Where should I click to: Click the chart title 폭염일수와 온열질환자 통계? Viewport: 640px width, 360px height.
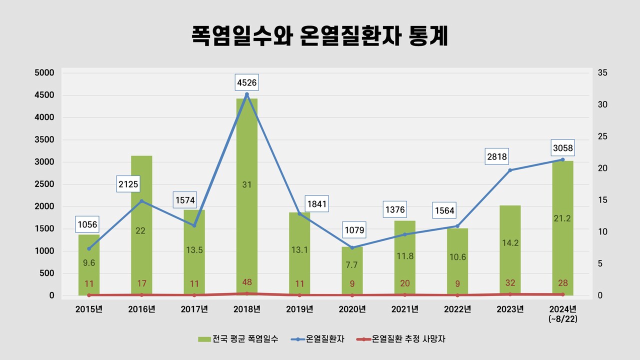(x=319, y=37)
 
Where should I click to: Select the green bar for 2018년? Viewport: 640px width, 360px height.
(x=247, y=150)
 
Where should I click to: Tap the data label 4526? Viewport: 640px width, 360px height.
(x=247, y=82)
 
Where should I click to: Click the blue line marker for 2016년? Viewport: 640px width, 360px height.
(x=141, y=201)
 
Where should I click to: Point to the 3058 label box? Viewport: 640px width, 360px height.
(x=563, y=148)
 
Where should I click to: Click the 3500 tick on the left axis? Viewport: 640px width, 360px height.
(x=44, y=139)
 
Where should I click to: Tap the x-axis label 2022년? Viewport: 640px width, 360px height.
(x=457, y=309)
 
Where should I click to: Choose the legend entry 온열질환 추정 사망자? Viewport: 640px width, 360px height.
(x=405, y=339)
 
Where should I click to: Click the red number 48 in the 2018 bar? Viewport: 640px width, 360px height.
(x=247, y=281)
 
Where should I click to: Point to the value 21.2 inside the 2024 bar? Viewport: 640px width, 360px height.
(x=563, y=218)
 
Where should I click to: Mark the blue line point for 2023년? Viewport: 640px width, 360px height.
(x=510, y=170)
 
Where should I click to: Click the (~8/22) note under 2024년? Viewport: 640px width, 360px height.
(x=562, y=318)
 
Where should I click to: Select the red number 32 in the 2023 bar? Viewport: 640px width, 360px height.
(x=510, y=283)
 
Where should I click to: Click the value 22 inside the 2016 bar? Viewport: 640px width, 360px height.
(x=141, y=230)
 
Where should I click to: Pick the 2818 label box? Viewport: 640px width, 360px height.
(x=497, y=156)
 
